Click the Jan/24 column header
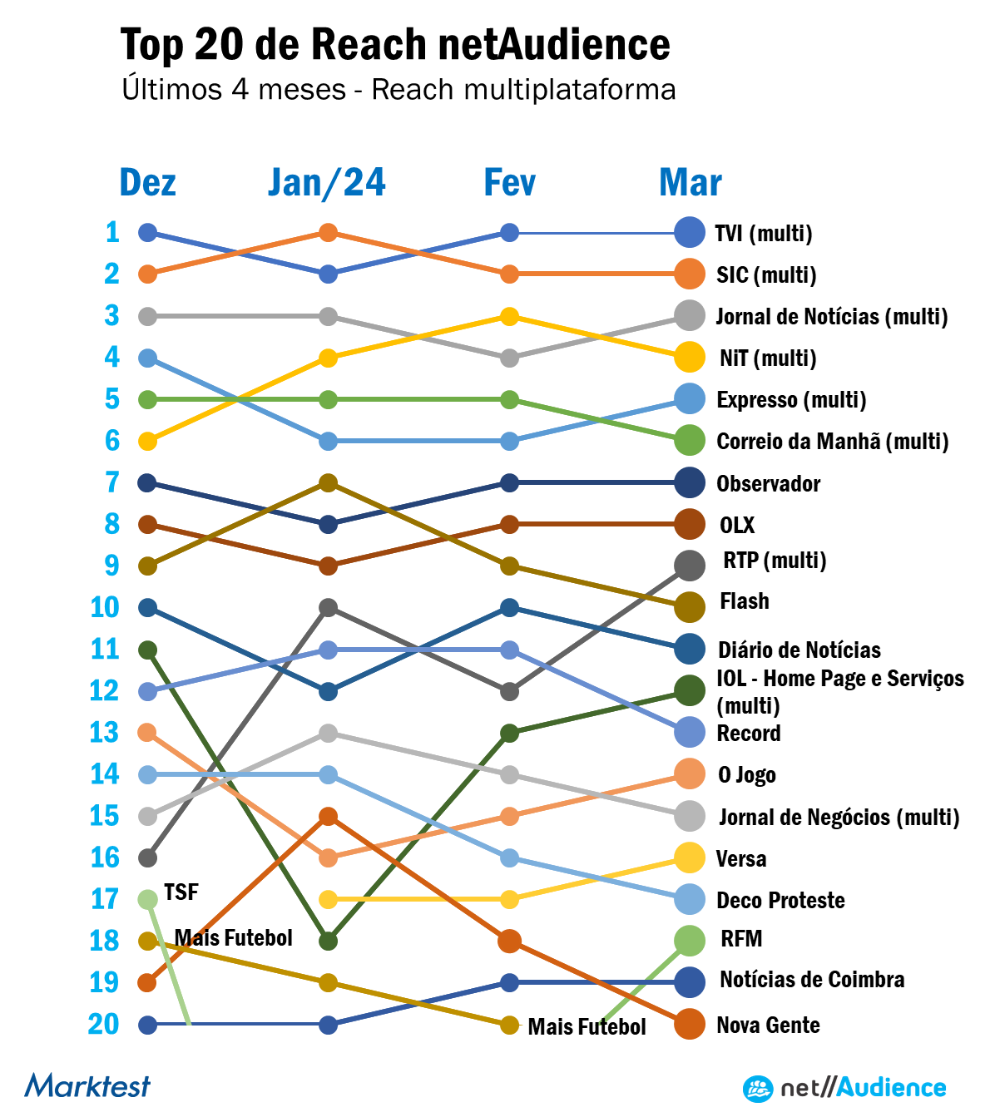[x=327, y=183]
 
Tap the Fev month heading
[x=509, y=183]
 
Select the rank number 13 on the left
[x=105, y=733]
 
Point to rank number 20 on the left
[x=104, y=1024]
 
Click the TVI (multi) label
[x=764, y=233]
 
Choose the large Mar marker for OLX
[x=690, y=525]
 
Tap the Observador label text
[x=768, y=483]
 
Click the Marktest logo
[x=87, y=1085]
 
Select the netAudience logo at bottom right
[x=844, y=1088]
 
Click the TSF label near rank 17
[x=181, y=892]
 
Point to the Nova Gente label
[x=768, y=1025]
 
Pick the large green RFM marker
[x=690, y=941]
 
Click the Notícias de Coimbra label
[x=812, y=980]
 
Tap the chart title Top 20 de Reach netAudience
[x=395, y=45]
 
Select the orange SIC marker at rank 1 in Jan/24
[x=329, y=233]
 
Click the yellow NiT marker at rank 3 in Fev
[x=510, y=316]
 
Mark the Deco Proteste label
[x=780, y=900]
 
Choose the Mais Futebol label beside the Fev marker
[x=587, y=1026]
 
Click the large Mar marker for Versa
[x=690, y=857]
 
